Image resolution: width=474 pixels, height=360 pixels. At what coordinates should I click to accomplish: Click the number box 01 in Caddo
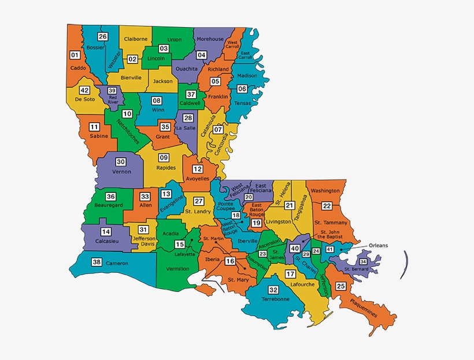(75, 55)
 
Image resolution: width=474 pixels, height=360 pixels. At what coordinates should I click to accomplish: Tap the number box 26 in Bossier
(103, 36)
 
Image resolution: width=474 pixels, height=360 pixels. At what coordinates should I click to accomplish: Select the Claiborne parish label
(136, 39)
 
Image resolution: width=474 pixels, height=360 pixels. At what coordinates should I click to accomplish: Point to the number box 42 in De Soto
(84, 90)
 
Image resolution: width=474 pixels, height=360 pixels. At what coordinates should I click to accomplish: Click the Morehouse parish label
(210, 39)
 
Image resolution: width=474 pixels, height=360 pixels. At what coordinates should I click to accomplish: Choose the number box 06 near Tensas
(242, 88)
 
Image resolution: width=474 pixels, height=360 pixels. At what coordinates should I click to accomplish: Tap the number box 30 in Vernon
(121, 162)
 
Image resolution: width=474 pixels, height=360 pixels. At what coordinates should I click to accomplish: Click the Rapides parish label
(165, 168)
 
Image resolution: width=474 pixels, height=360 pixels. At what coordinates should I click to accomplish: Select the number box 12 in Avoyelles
(198, 169)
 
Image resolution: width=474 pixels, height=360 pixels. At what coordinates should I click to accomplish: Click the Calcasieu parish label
(106, 242)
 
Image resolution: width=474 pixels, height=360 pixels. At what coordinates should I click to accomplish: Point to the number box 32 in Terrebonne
(273, 290)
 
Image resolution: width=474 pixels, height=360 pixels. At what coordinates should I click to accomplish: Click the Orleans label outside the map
(379, 245)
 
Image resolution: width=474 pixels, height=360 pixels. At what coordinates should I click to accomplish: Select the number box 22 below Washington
(327, 206)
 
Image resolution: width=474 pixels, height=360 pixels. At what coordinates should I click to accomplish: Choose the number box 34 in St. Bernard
(363, 262)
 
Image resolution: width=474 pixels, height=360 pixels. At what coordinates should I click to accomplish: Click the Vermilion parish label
(178, 269)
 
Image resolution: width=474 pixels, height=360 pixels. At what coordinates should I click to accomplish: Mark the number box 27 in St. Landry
(198, 201)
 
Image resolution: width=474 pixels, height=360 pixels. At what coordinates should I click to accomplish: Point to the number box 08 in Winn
(157, 101)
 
